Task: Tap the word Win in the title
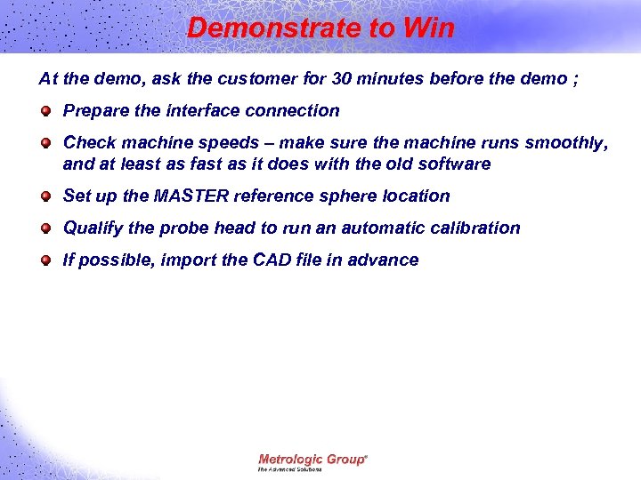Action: [x=428, y=28]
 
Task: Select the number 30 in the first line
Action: [x=341, y=78]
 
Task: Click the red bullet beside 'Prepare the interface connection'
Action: [x=45, y=111]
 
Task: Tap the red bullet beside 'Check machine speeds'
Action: [x=45, y=143]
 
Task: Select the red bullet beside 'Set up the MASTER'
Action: [x=45, y=196]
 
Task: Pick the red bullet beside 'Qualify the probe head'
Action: [x=45, y=228]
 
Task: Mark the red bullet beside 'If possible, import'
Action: [x=45, y=260]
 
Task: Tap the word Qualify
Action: [x=93, y=228]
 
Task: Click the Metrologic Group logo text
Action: [x=312, y=459]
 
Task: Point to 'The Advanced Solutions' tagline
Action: [x=290, y=469]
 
